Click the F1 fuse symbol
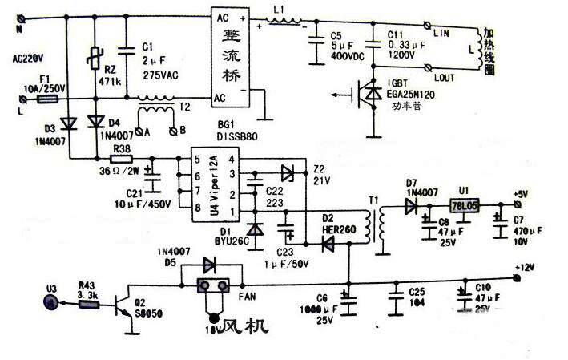point(46,101)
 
